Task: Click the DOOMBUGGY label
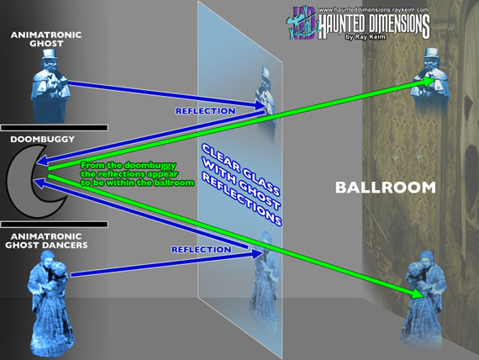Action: (x=43, y=140)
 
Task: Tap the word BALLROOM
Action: (x=386, y=188)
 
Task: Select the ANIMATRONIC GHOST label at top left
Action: (x=46, y=40)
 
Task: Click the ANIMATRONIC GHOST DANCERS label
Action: (x=46, y=241)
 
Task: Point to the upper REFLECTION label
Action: (x=206, y=111)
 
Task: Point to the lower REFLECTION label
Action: (x=202, y=250)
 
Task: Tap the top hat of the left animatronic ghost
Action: (x=48, y=54)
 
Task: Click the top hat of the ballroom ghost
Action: (x=431, y=53)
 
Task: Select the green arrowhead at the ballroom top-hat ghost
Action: (x=429, y=81)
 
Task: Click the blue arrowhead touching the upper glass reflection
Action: (x=260, y=105)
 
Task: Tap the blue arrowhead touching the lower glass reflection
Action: (x=257, y=253)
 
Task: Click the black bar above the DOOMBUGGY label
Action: (x=54, y=128)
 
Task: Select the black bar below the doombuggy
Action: (x=54, y=225)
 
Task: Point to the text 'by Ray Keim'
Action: (x=365, y=37)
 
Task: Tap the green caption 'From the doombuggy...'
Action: (x=137, y=174)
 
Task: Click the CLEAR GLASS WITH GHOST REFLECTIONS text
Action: (x=241, y=184)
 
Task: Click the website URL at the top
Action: (x=374, y=10)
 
